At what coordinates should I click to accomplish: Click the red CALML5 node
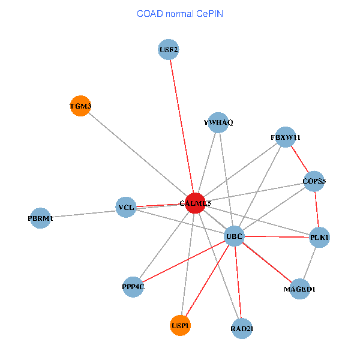[195, 203]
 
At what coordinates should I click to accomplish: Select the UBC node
[234, 236]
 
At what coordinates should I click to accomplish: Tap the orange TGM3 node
[80, 107]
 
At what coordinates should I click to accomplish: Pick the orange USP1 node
[180, 325]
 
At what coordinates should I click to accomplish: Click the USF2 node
[169, 49]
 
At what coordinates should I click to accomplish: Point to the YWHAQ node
[218, 122]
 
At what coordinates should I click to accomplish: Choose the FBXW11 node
[286, 137]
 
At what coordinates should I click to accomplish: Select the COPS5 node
[314, 181]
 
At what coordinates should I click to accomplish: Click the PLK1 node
[320, 238]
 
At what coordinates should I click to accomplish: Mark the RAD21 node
[241, 329]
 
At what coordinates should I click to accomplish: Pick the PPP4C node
[133, 286]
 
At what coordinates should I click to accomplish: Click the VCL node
[126, 208]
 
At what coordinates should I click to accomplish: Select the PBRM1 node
[40, 218]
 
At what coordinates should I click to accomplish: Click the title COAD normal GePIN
[179, 13]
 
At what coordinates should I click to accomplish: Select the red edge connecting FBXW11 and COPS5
[300, 159]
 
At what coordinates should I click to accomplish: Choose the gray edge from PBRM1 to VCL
[83, 213]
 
